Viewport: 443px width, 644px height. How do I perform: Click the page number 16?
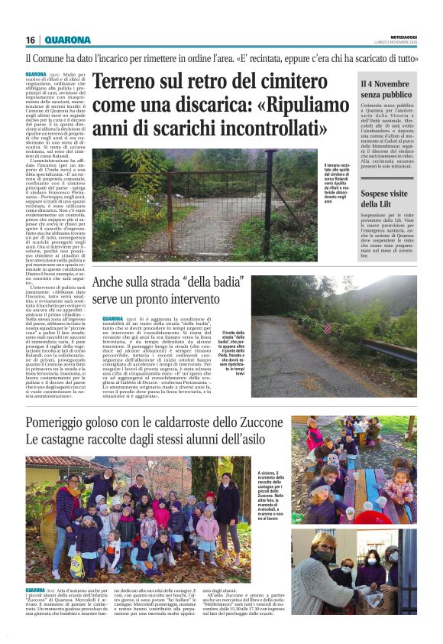tap(30, 40)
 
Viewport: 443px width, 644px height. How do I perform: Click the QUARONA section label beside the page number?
tap(67, 40)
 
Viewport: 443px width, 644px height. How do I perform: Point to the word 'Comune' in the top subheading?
tap(54, 58)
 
